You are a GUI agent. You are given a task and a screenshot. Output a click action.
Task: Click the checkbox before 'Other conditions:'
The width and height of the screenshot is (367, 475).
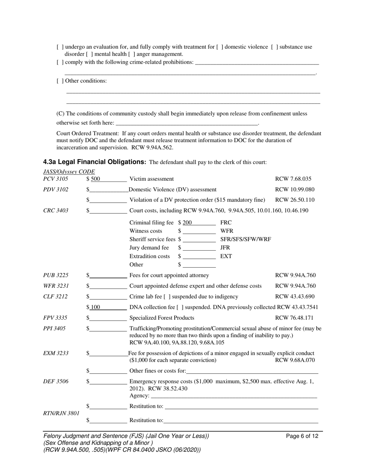click(60, 81)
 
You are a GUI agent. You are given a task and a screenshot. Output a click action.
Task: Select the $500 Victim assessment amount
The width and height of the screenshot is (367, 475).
click(95, 179)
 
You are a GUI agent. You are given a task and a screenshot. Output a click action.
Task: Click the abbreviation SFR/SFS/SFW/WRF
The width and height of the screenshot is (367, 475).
click(246, 239)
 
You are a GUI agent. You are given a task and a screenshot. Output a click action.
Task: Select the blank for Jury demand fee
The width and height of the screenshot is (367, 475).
click(199, 248)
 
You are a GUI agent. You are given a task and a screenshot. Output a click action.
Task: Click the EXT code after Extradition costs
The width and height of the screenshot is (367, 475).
click(226, 256)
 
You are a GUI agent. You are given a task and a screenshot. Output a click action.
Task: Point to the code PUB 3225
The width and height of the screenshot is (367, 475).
click(56, 276)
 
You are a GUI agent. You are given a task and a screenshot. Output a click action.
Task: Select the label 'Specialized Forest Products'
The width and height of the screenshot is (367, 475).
click(161, 318)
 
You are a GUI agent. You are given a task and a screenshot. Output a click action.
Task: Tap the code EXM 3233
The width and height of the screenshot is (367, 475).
click(56, 353)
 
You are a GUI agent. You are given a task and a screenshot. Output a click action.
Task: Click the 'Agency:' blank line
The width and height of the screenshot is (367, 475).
click(234, 396)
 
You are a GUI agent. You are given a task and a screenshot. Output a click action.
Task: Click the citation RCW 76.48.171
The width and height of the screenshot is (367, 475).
click(294, 318)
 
